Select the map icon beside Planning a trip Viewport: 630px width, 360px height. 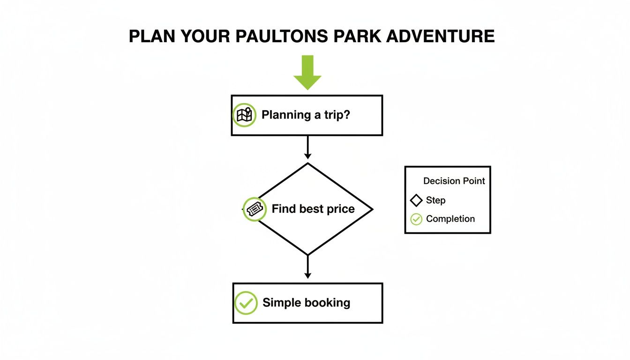coord(244,115)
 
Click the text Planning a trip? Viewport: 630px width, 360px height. coord(306,115)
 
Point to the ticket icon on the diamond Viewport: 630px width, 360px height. coord(255,209)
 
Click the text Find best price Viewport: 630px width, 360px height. coord(313,209)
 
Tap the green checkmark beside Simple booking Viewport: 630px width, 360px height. coord(246,303)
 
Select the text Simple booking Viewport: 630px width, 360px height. coord(306,303)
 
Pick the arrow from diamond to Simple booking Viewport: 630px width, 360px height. coord(307,267)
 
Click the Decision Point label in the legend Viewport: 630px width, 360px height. coord(454,181)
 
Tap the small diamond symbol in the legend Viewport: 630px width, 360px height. coord(416,201)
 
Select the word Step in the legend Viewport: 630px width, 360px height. coord(435,201)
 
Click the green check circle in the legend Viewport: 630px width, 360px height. coord(416,219)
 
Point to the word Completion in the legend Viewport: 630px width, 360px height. coord(450,219)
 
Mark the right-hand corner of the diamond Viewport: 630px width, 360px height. coord(372,210)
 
